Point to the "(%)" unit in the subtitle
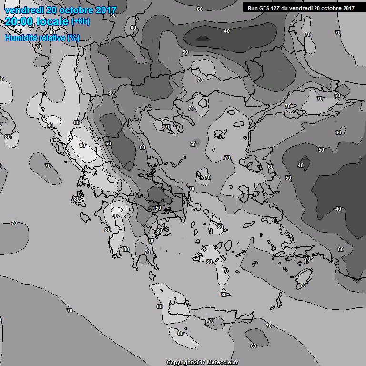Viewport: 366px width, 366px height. point(73,38)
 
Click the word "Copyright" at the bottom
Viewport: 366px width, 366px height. point(179,362)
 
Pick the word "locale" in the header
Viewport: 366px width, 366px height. point(52,21)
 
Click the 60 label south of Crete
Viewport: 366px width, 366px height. point(254,346)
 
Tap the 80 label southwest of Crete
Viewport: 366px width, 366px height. point(180,333)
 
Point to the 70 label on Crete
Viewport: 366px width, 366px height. point(211,321)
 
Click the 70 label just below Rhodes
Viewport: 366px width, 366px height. point(303,285)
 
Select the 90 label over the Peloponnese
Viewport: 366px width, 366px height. point(114,215)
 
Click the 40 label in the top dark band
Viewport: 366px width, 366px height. point(227,31)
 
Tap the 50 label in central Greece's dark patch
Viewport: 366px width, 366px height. point(158,208)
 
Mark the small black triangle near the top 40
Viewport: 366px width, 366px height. point(203,38)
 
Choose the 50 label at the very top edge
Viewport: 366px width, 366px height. point(199,9)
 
